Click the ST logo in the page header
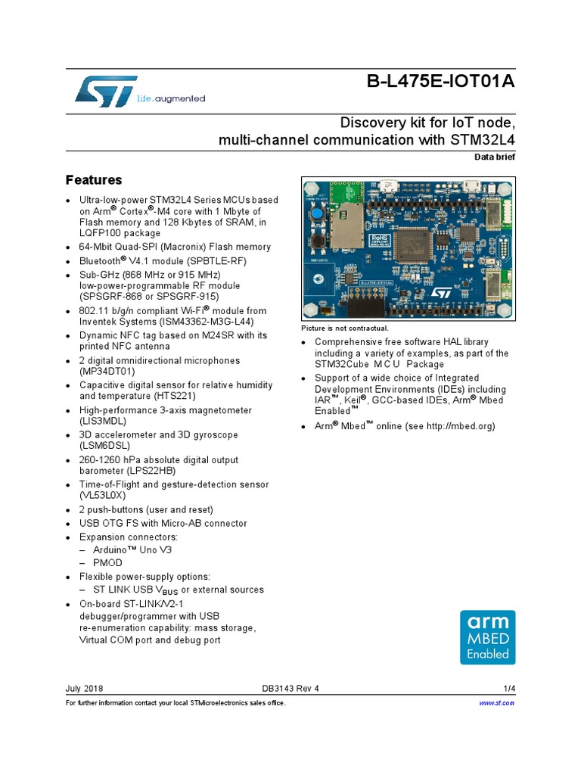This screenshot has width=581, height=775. point(107,90)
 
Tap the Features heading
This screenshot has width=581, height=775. point(94,180)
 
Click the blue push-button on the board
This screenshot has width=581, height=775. point(319,215)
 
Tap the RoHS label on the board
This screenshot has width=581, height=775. point(379,239)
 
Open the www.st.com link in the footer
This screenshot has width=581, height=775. point(497,703)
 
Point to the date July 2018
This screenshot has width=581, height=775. point(85,689)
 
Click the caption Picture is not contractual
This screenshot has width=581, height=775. point(344,328)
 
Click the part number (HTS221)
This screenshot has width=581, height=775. point(148,396)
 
